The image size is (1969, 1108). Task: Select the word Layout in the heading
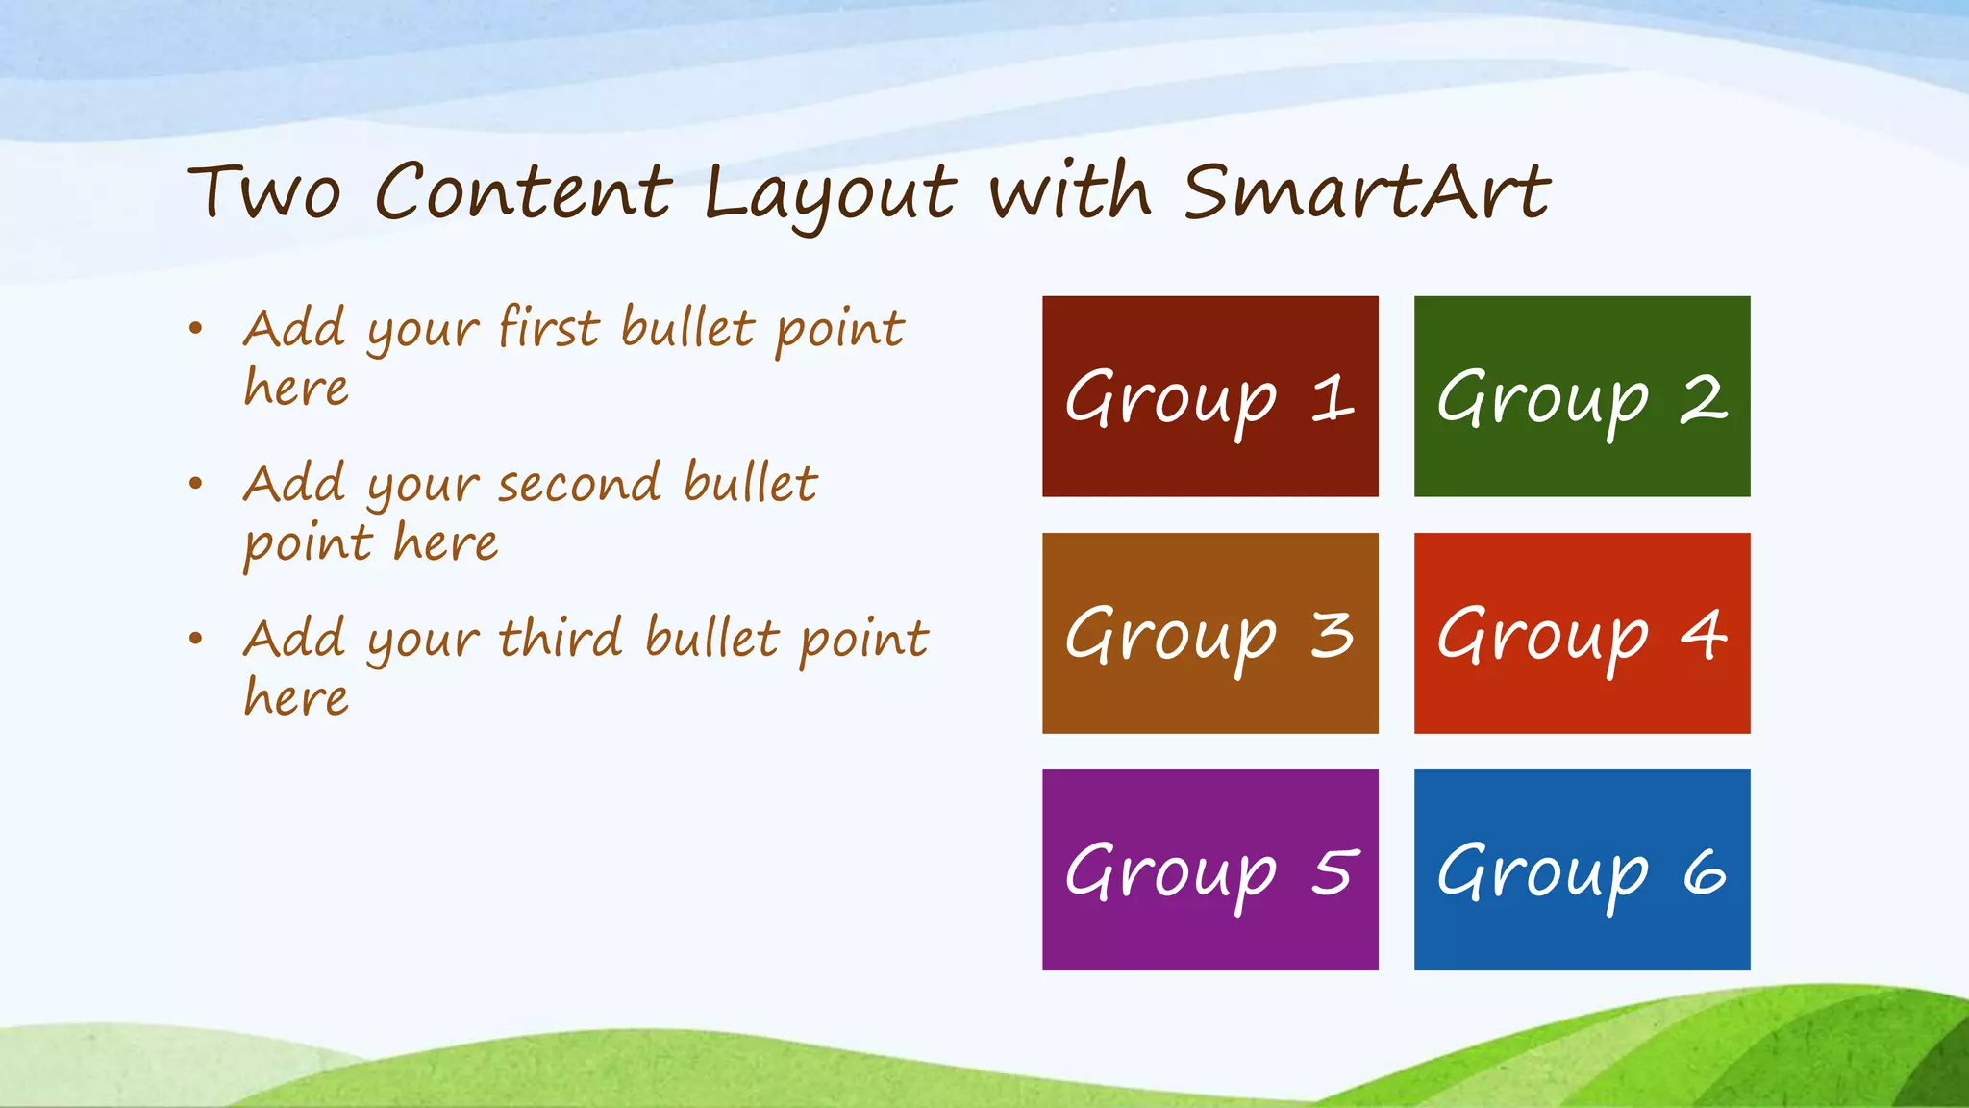[829, 192]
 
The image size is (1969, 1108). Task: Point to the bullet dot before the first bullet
[196, 329]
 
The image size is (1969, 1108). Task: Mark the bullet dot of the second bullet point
[196, 483]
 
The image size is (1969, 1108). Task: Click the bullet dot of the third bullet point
[196, 638]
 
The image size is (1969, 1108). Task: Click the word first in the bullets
[549, 327]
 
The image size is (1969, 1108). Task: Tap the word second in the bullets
[579, 483]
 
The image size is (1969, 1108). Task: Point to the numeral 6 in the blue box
[1705, 872]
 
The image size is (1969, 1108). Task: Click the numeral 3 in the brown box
[1333, 636]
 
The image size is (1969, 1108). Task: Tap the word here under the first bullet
[296, 388]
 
